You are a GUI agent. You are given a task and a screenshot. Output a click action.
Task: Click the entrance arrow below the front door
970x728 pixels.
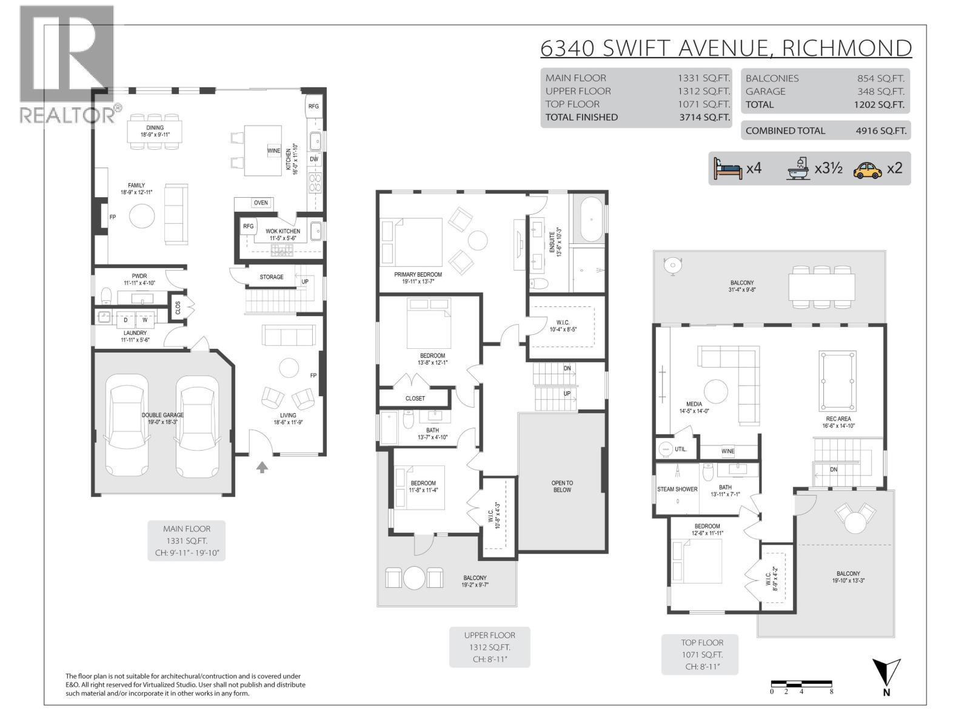[x=262, y=467]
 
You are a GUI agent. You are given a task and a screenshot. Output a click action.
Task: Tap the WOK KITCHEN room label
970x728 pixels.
[x=283, y=231]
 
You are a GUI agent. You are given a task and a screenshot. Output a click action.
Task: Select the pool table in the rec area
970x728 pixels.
[x=837, y=382]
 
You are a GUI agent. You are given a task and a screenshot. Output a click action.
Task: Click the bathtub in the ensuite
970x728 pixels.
[x=588, y=219]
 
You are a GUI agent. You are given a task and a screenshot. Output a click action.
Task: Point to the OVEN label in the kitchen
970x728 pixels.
[x=261, y=203]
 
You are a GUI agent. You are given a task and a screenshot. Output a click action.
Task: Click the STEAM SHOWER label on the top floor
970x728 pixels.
[x=677, y=489]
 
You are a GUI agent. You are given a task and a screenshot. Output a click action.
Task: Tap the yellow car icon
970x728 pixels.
[x=867, y=169]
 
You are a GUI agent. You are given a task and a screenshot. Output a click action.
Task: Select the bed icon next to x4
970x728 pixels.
[x=727, y=169]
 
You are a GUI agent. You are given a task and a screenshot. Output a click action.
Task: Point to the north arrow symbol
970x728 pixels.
[x=886, y=674]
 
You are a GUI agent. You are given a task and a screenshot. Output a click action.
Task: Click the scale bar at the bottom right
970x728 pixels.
[x=801, y=684]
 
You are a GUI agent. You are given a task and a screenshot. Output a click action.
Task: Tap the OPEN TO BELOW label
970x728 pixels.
[x=562, y=487]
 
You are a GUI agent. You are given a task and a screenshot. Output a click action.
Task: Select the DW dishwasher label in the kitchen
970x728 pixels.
[x=314, y=160]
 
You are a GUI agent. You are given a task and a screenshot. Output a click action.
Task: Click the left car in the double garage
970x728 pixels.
[x=127, y=426]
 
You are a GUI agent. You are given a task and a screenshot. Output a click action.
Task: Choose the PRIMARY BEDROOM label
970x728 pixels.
[x=418, y=274]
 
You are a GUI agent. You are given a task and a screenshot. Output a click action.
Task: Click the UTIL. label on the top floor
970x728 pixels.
[x=681, y=450]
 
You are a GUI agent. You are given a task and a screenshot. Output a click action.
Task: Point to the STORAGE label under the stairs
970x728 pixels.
[x=272, y=277]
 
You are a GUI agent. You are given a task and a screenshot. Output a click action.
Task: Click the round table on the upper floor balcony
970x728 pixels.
[x=415, y=578]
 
